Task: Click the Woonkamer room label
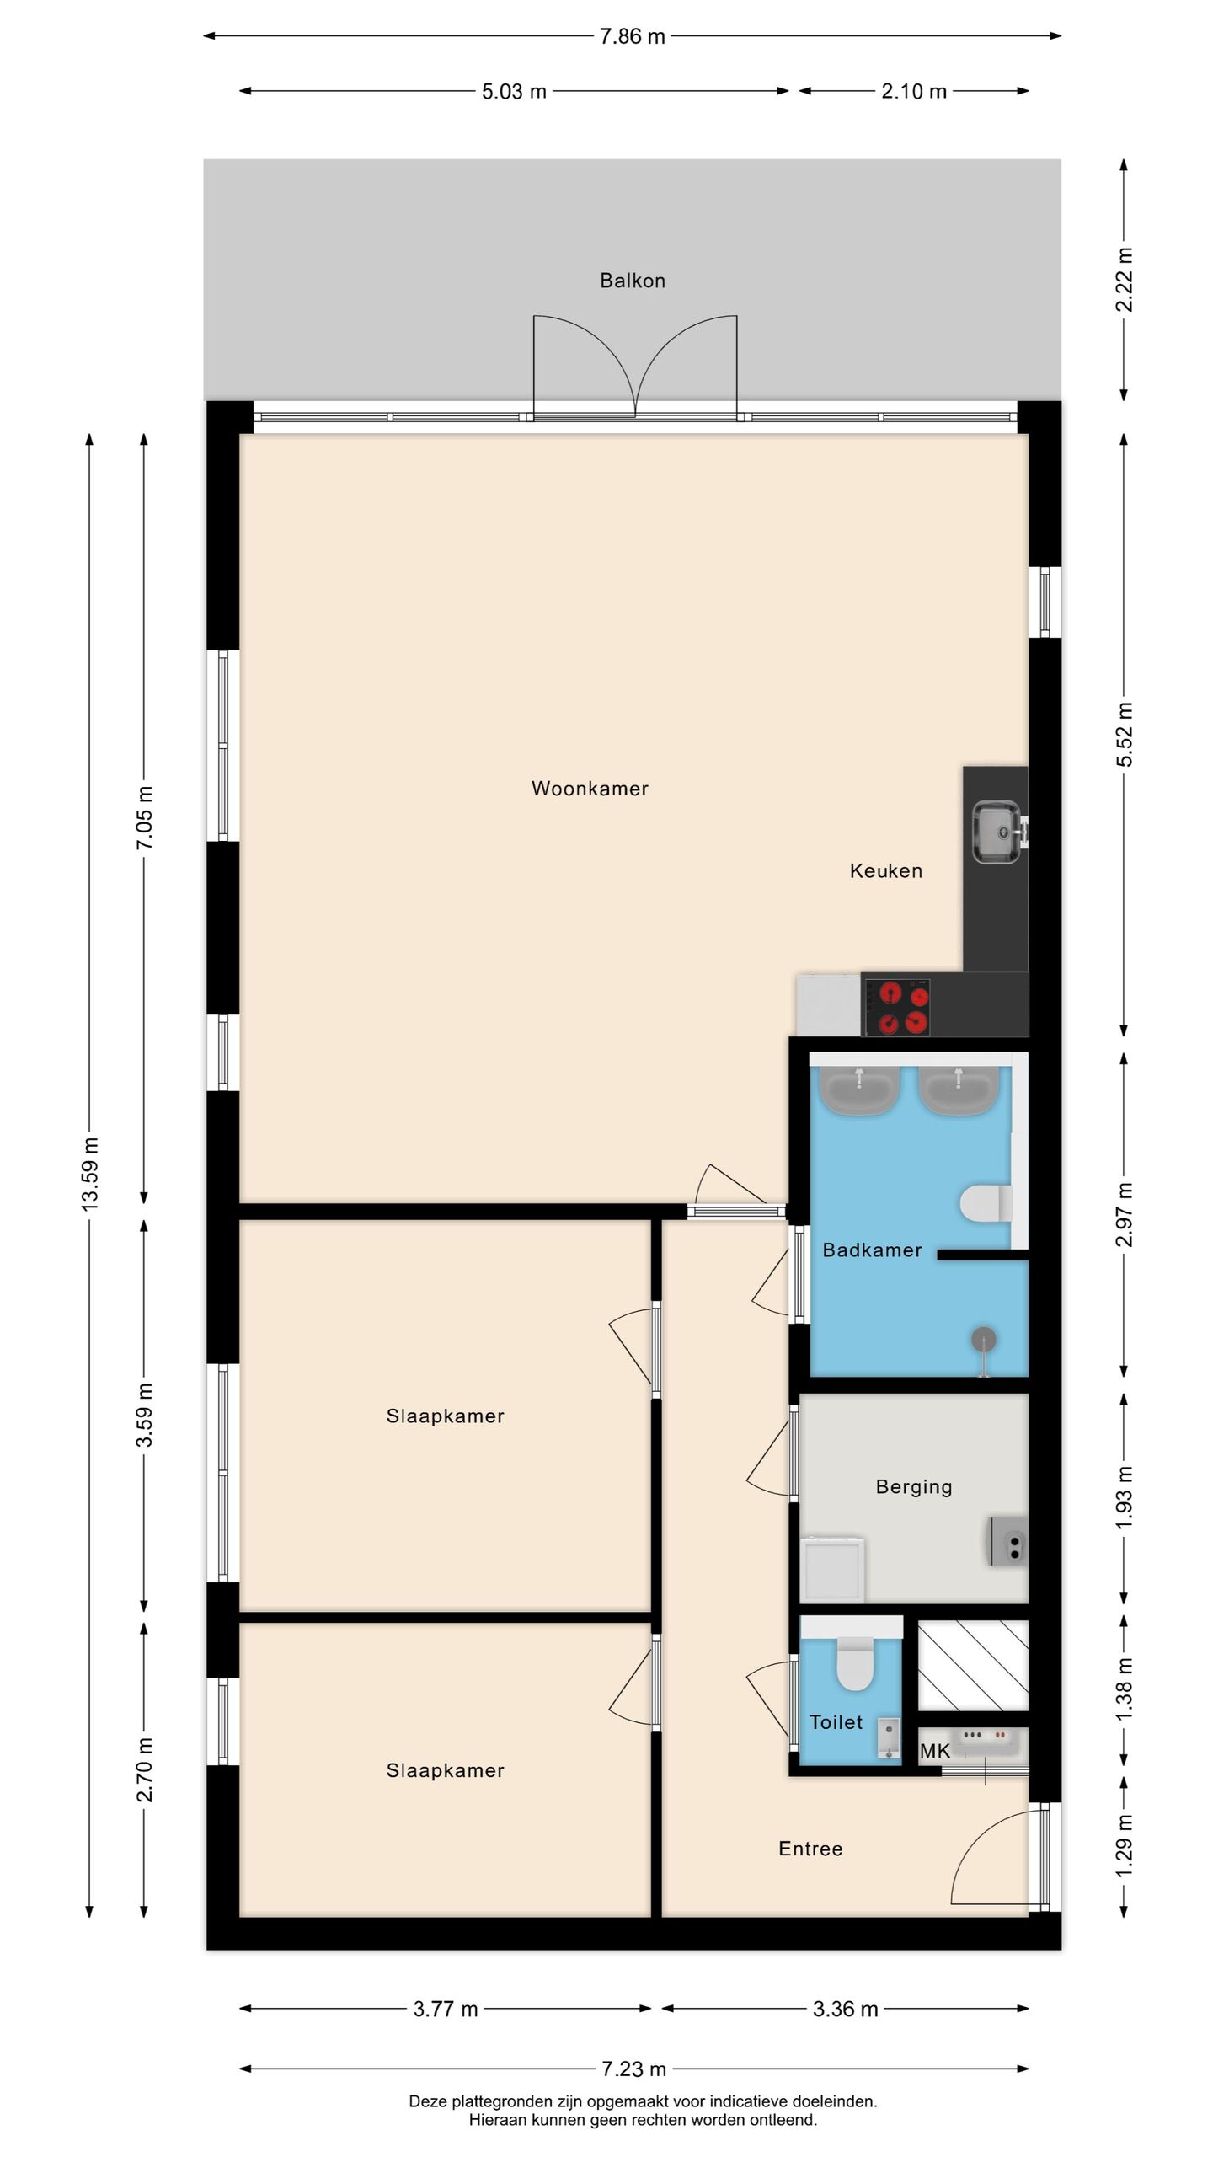tap(590, 789)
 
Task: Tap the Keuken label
tap(885, 870)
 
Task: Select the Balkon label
tap(633, 281)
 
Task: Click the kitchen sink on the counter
tap(997, 832)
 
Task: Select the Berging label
tap(914, 1487)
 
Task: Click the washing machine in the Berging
tap(833, 1569)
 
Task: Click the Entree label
tap(810, 1849)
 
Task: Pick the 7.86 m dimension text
tap(633, 36)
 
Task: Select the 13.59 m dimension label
tap(90, 1175)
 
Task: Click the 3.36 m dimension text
tap(845, 2010)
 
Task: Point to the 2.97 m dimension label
tap(1125, 1215)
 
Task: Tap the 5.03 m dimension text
tap(514, 91)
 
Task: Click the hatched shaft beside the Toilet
tap(973, 1667)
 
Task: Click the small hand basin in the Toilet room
tap(888, 1739)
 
